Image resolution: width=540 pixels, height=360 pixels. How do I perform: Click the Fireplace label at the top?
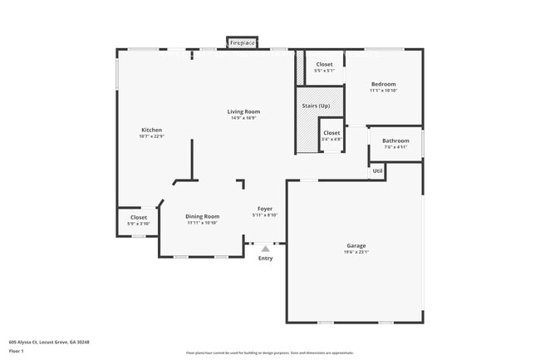(x=243, y=42)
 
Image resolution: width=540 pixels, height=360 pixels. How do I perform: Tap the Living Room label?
(x=244, y=111)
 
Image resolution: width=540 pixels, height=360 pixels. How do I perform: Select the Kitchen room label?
(x=151, y=130)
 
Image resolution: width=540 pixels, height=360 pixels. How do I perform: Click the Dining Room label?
(x=202, y=216)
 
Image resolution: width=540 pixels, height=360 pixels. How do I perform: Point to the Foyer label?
(x=264, y=209)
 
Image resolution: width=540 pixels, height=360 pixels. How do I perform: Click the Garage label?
(x=356, y=245)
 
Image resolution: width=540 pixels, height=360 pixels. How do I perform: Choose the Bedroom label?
(x=383, y=84)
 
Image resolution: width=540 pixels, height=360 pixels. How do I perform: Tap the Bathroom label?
(x=395, y=141)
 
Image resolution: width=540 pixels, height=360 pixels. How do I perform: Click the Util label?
(x=377, y=170)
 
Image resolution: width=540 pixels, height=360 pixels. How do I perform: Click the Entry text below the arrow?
(x=265, y=259)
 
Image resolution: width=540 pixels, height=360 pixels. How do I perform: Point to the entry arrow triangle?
(x=265, y=248)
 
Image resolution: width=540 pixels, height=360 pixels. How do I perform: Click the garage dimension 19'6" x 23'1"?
(x=356, y=252)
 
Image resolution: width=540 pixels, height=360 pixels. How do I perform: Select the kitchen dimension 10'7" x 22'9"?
(x=151, y=136)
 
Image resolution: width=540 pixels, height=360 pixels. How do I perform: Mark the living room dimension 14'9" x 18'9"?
(x=244, y=118)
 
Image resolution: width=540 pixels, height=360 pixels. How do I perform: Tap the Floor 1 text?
(x=17, y=352)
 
